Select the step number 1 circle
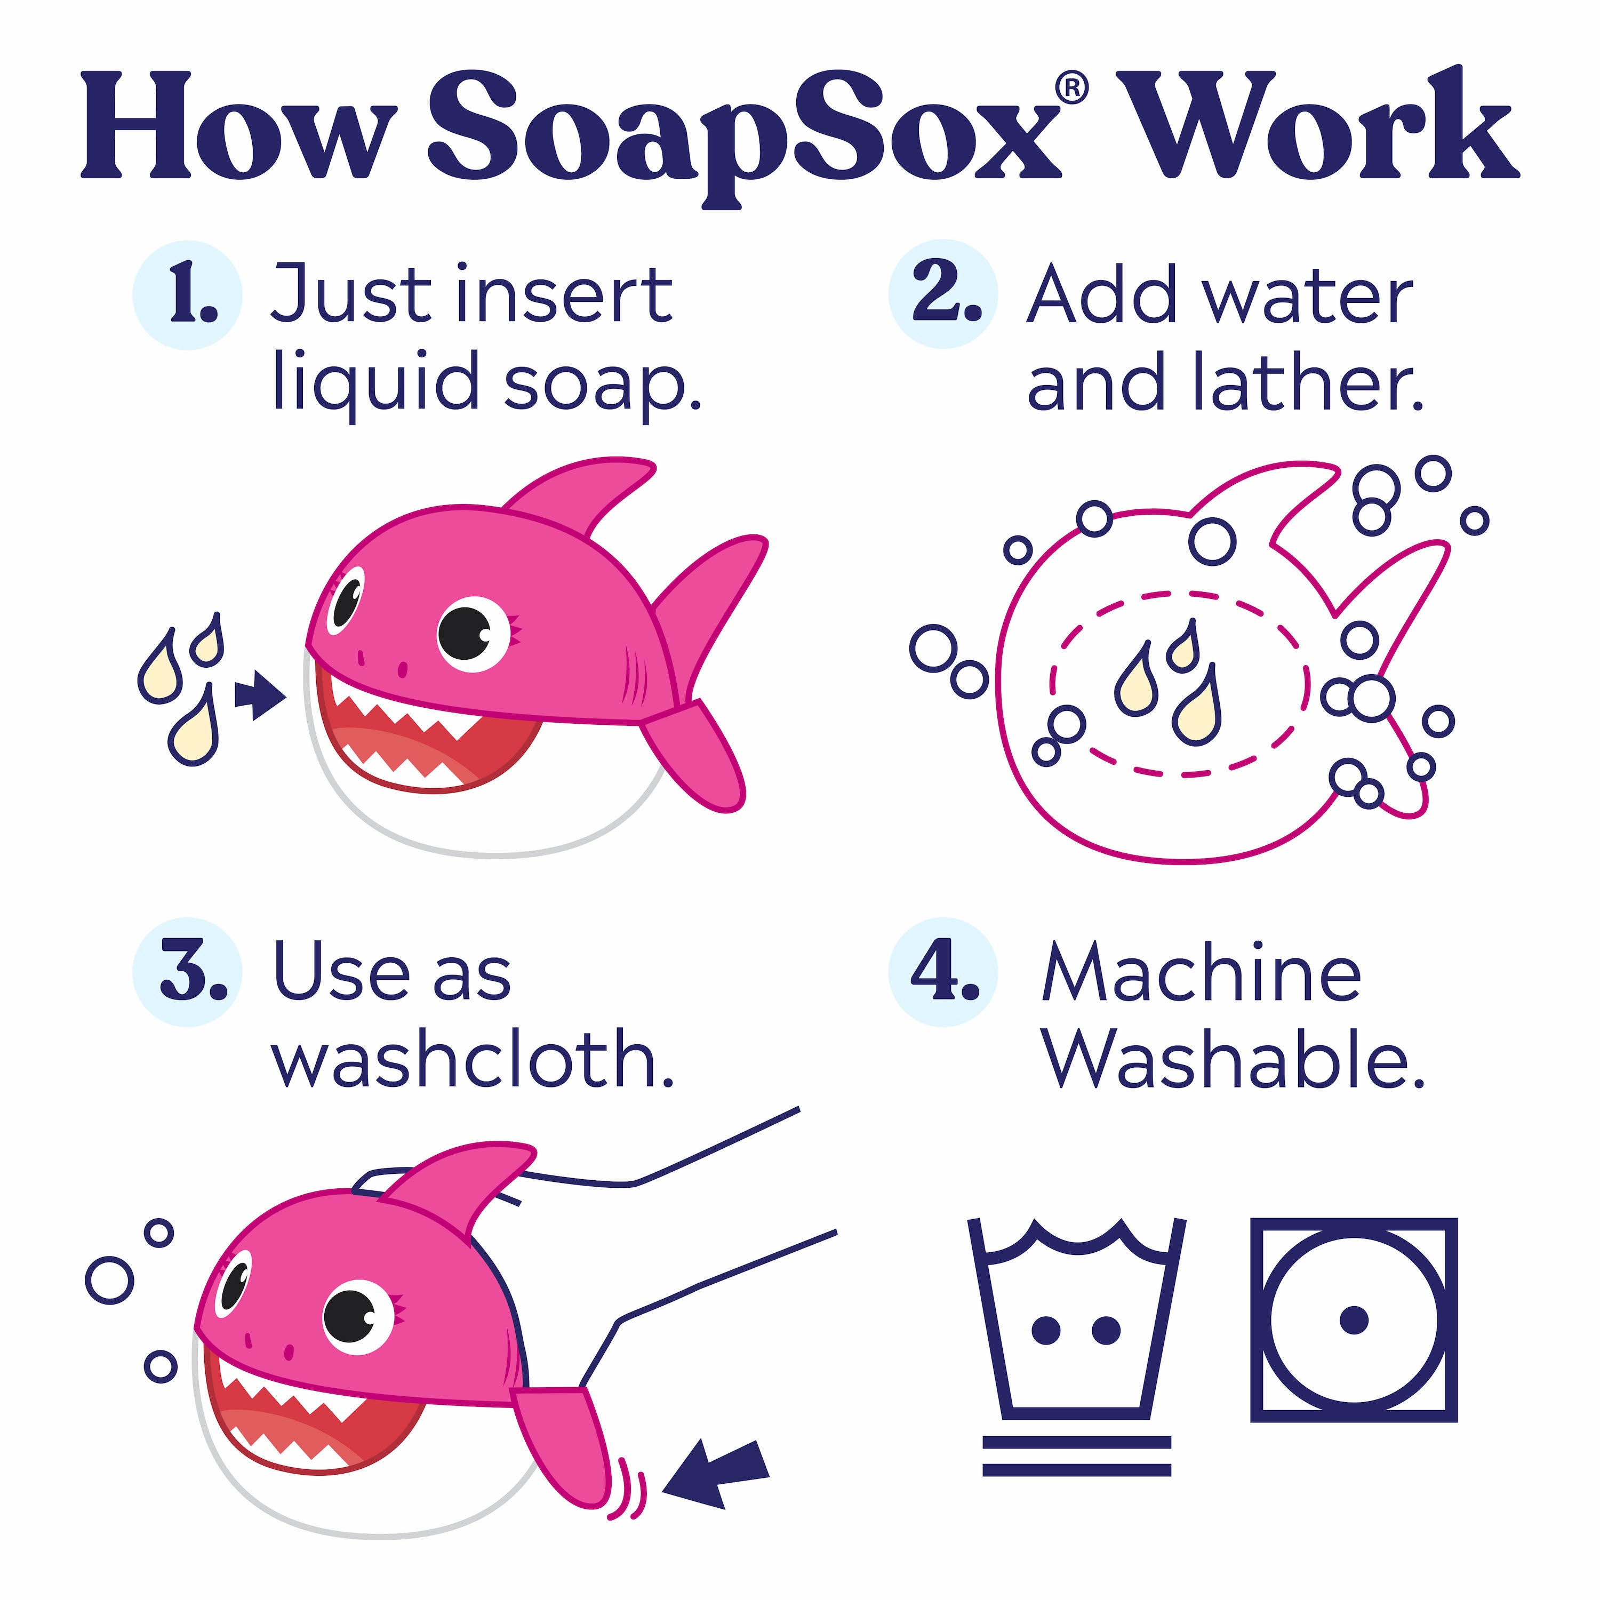[188, 295]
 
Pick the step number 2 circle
[943, 295]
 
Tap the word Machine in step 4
[1201, 973]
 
